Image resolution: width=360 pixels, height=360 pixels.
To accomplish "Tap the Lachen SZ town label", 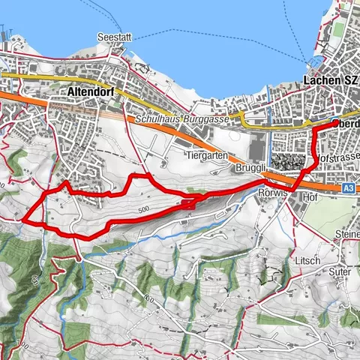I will [x=331, y=80].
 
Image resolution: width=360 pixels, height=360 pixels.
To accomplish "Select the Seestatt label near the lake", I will [x=114, y=37].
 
